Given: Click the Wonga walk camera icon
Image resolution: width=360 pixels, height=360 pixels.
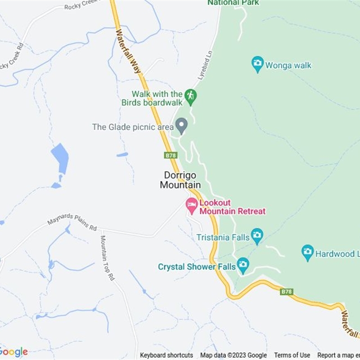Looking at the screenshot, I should pos(257,64).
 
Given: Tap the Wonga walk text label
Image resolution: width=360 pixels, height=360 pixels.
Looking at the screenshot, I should pos(288,66).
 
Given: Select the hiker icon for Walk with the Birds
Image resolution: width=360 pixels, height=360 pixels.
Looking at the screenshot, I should pos(190,96).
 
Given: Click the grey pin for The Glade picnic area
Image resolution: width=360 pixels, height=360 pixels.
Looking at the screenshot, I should pos(181,125).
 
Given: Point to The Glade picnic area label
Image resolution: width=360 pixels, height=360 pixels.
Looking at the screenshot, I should pos(133,127).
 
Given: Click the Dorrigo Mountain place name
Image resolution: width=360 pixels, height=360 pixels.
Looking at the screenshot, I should pos(180,180).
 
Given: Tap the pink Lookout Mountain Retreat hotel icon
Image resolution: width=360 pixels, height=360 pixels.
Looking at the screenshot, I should pos(192,206).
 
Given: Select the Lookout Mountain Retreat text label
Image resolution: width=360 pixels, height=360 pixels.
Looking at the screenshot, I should pos(232,207).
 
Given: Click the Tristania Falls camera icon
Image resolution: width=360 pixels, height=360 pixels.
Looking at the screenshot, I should pos(257,235).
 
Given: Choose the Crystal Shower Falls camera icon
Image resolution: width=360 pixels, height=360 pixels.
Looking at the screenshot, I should pos(243,265).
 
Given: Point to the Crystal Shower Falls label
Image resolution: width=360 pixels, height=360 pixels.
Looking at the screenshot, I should pos(197,267).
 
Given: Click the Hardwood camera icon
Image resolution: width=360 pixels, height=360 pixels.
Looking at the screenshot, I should pos(308,252).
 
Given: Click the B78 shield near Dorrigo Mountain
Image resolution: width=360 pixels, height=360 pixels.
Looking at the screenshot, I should pos(171,155).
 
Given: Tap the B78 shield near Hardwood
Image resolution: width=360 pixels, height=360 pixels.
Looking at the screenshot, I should pos(286,292).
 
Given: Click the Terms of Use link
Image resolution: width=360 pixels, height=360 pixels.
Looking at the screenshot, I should pos(292,355).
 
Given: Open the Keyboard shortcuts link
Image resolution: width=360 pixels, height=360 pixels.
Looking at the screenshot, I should pos(166,355).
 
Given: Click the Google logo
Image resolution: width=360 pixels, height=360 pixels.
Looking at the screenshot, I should pos(13,351).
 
